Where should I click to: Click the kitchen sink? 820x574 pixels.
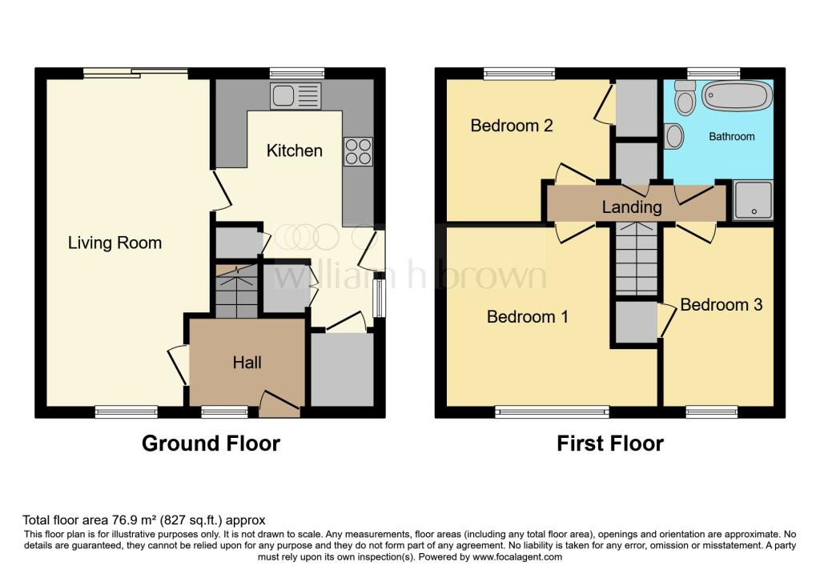(x=295, y=96)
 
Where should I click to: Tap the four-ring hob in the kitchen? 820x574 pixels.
(x=358, y=151)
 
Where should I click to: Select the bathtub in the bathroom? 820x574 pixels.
(x=737, y=96)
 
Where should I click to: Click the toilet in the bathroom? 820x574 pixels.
(x=685, y=98)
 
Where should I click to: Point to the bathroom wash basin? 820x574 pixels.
(x=673, y=136)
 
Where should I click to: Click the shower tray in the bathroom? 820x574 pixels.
(x=754, y=200)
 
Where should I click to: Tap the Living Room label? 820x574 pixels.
(x=115, y=243)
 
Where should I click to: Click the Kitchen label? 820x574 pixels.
(x=295, y=151)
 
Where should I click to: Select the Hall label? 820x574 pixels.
(x=247, y=363)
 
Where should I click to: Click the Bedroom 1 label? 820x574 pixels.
(x=528, y=316)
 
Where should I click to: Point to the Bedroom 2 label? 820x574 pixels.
(x=512, y=126)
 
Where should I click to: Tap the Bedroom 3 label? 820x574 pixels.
(x=721, y=305)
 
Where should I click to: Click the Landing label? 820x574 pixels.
(x=632, y=207)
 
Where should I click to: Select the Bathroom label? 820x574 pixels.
(x=732, y=137)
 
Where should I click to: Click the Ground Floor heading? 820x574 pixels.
(x=211, y=443)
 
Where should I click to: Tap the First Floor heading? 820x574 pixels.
(x=610, y=443)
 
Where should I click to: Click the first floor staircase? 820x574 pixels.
(x=636, y=260)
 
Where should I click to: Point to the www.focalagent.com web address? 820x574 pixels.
(x=517, y=556)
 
